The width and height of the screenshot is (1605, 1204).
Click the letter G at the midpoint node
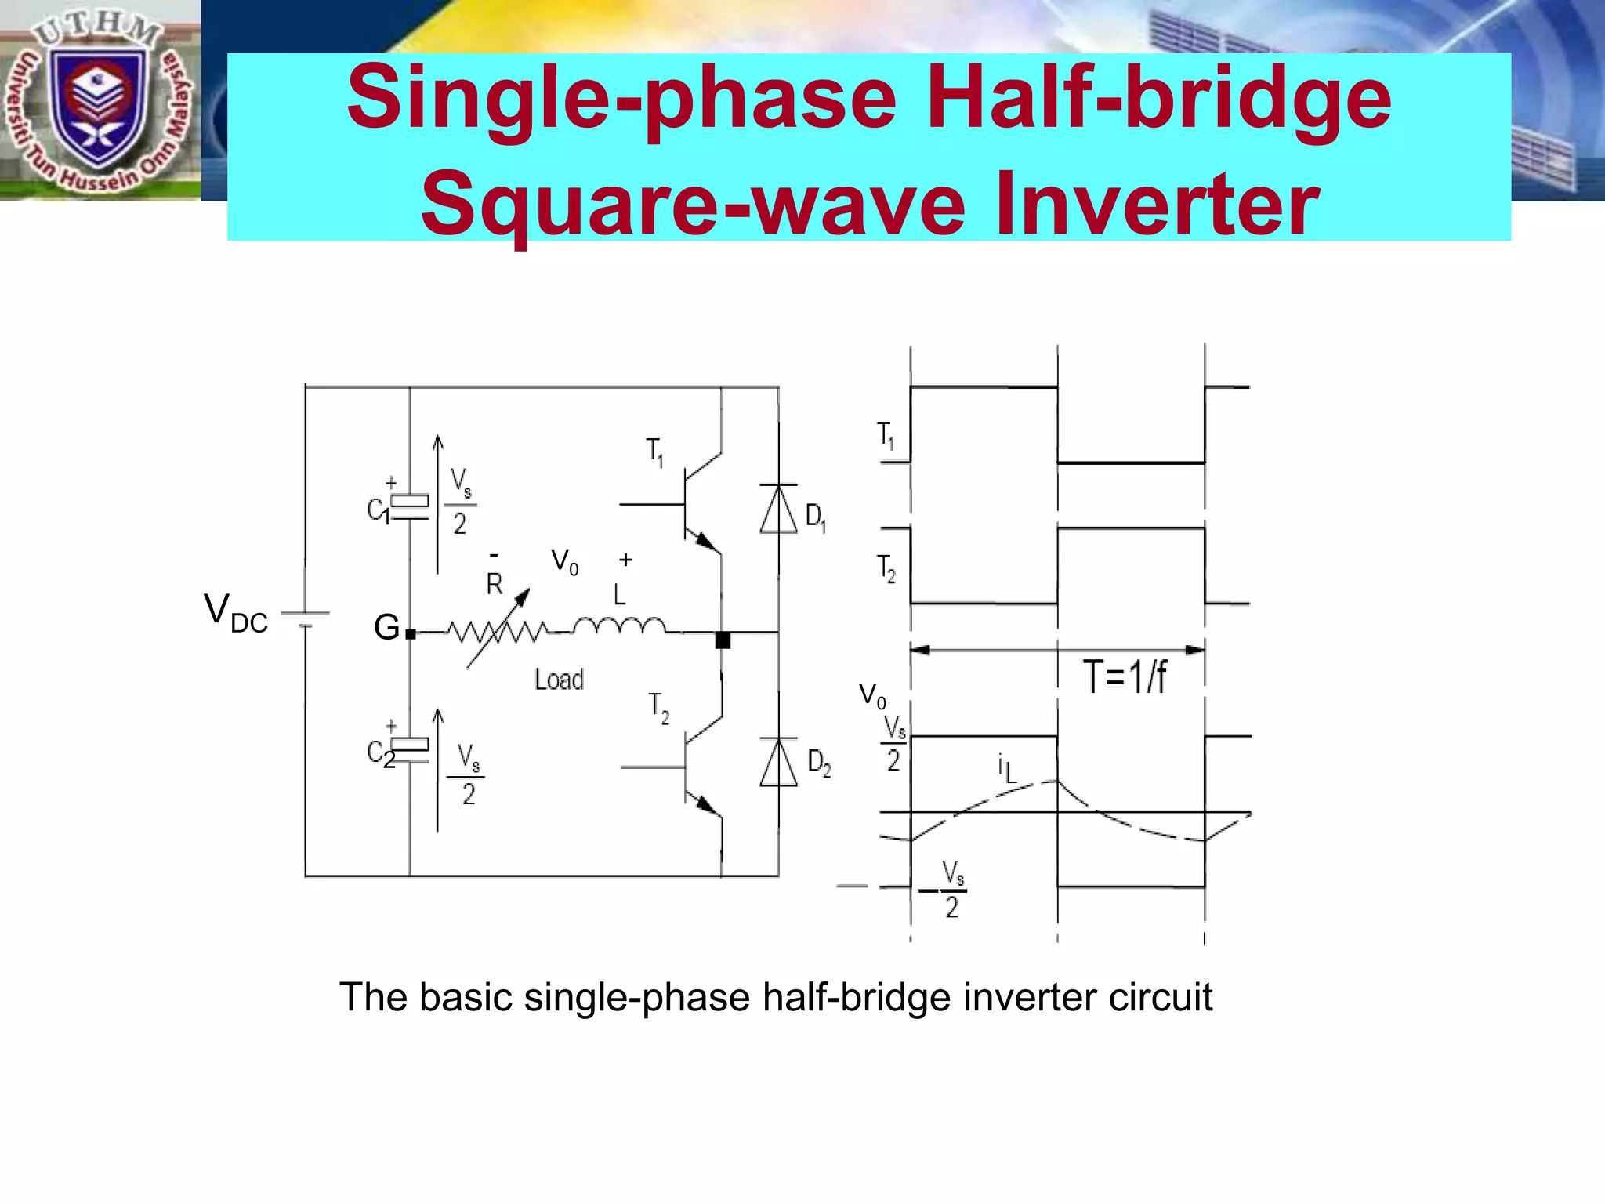(386, 627)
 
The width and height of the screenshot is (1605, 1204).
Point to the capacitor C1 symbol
(409, 507)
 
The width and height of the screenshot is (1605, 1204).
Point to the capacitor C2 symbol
(409, 750)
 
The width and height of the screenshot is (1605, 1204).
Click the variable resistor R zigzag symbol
(498, 630)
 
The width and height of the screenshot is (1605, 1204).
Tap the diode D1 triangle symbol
(778, 510)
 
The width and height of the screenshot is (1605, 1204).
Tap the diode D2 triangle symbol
(778, 763)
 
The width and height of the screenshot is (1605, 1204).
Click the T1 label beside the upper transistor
(655, 452)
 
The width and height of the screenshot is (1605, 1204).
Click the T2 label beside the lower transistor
(658, 707)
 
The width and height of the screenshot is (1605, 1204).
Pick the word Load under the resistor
(559, 680)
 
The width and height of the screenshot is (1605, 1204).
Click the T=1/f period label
(1125, 676)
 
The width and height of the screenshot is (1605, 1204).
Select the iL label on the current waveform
(1007, 768)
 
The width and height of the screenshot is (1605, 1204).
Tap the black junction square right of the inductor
(723, 640)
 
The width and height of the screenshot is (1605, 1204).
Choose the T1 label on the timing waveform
(886, 435)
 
